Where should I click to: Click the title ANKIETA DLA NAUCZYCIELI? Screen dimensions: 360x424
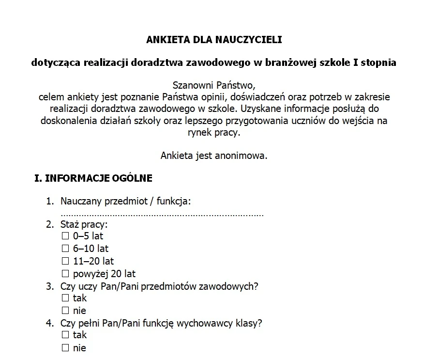pos(213,40)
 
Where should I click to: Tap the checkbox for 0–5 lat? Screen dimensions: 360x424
pos(66,236)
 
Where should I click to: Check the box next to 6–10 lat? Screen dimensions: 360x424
pos(66,249)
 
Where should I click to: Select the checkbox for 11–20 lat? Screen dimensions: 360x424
pos(66,262)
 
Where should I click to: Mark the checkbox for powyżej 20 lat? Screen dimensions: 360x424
pos(66,274)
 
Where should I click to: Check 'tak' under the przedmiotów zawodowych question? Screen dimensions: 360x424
pos(66,298)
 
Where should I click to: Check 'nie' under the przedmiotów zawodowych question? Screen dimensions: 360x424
pos(66,311)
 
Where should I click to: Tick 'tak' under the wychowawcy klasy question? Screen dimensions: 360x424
pos(66,335)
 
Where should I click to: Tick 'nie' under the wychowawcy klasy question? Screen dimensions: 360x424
pos(66,348)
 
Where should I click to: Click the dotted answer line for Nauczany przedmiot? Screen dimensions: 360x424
pos(162,214)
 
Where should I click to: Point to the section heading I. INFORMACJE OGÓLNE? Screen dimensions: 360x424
pos(93,178)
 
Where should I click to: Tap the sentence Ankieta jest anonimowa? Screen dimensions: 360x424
pos(213,156)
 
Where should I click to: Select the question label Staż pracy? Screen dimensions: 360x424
pos(83,225)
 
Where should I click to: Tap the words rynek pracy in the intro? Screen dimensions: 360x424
pos(213,132)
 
